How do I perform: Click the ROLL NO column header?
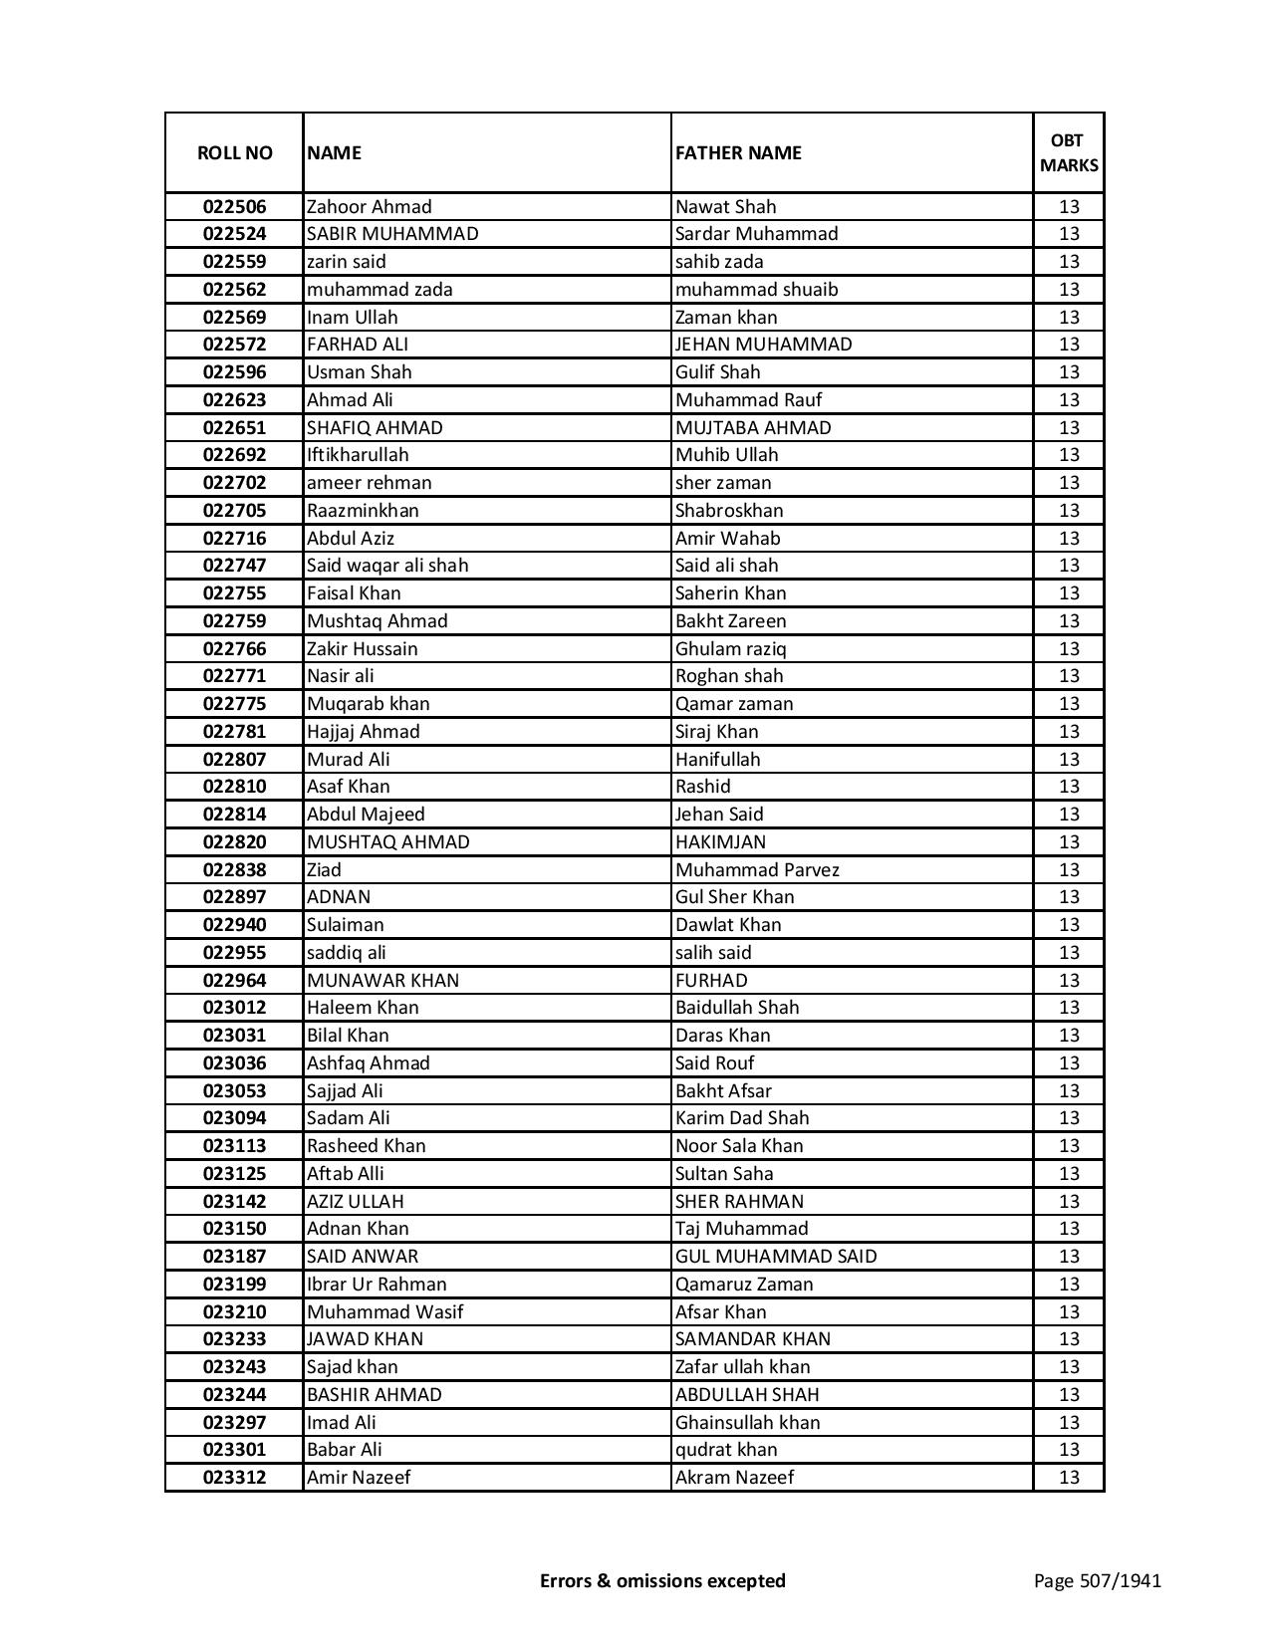(x=234, y=152)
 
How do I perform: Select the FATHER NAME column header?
(x=738, y=152)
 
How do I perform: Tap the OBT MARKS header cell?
(x=1069, y=152)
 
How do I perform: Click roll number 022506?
(x=234, y=207)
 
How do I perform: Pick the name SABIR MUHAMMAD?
(x=392, y=234)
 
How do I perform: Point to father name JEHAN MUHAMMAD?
(x=763, y=345)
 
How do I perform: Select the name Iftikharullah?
(x=358, y=455)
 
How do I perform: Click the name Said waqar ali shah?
(x=387, y=566)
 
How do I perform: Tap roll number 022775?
(x=234, y=704)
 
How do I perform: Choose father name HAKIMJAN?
(x=720, y=842)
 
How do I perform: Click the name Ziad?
(x=324, y=870)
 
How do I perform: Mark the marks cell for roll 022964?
(x=1069, y=981)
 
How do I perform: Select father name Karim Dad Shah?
(x=742, y=1118)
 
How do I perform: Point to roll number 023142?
(x=234, y=1202)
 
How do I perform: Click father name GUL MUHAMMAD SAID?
(x=776, y=1257)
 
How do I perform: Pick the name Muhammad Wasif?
(x=384, y=1312)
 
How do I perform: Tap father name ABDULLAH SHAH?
(x=747, y=1395)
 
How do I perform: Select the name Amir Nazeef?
(x=359, y=1478)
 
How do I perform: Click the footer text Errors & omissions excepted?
(x=662, y=1580)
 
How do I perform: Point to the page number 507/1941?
(x=1097, y=1580)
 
